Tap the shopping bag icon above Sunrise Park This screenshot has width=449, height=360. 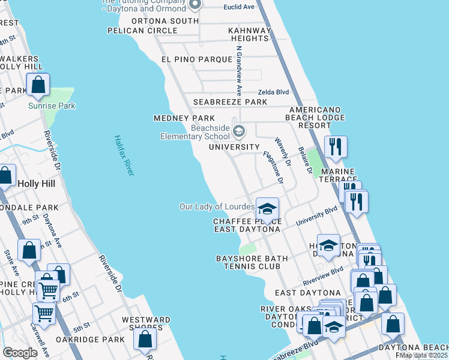point(38,86)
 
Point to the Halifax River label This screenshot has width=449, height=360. point(124,155)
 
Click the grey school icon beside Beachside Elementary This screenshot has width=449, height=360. point(239,131)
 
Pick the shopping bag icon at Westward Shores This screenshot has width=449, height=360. point(145,340)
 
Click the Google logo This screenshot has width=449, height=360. point(20,352)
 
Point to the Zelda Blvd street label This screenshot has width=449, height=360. point(273,92)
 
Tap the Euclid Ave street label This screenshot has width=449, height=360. point(239,7)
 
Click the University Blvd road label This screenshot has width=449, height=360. point(316,217)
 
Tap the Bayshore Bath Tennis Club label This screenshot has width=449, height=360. point(248,262)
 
